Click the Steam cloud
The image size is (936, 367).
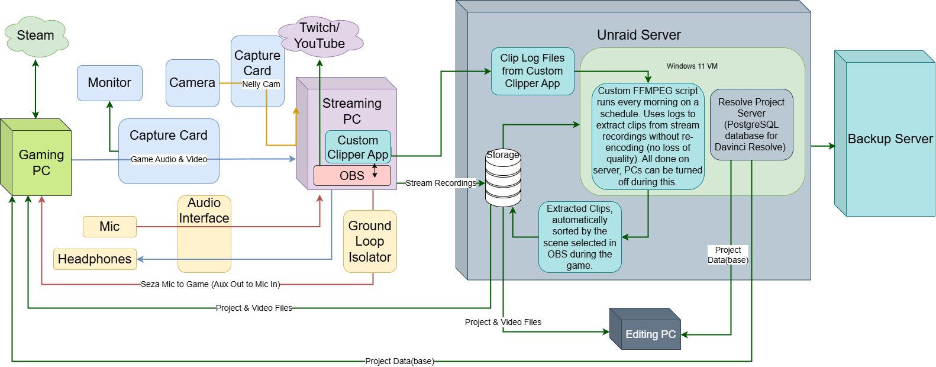point(35,36)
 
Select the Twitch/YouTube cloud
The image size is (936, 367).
point(319,36)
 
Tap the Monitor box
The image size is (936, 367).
point(109,83)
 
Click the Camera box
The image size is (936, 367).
point(192,83)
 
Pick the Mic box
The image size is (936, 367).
point(109,227)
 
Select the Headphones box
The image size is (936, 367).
point(95,259)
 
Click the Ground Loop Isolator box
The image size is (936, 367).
point(370,242)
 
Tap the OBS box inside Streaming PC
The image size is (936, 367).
point(352,176)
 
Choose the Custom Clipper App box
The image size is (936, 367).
point(358,147)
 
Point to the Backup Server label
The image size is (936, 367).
point(890,139)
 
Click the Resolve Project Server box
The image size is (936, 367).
point(751,124)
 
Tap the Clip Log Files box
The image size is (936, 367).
point(532,71)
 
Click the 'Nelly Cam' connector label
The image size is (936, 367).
point(261,84)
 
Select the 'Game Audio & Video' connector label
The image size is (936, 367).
point(169,159)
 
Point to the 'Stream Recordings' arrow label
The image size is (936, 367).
point(441,183)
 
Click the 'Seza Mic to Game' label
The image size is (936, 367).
point(210,284)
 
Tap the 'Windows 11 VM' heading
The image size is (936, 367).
point(692,66)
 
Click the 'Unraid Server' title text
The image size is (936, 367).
point(638,35)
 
